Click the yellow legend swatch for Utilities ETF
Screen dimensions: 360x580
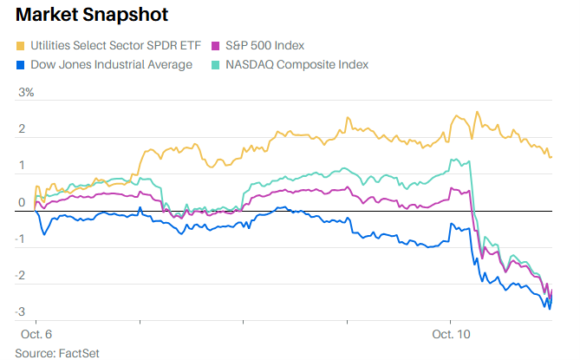[x=20, y=45]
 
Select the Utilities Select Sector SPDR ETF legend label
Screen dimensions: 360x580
[x=109, y=45]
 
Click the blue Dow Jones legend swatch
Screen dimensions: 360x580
[x=20, y=64]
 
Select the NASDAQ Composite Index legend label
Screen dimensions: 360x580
[x=295, y=64]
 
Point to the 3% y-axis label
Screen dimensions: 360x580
[x=25, y=93]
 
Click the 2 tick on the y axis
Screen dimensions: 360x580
[x=21, y=130]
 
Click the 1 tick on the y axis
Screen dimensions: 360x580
[x=21, y=166]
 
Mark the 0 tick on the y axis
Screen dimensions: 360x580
[x=21, y=203]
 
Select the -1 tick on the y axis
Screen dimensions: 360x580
[x=21, y=239]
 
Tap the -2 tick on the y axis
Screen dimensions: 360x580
[x=21, y=276]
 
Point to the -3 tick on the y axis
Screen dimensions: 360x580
[x=21, y=312]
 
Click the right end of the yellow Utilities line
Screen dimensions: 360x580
[x=552, y=157]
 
